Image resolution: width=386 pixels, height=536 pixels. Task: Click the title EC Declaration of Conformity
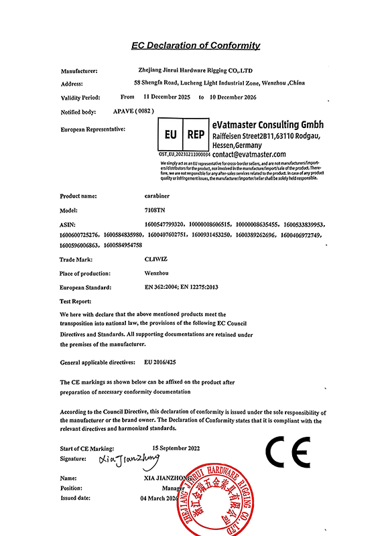(x=196, y=46)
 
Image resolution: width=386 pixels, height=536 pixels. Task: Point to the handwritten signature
(x=129, y=460)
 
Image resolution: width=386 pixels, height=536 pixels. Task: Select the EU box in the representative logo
(x=170, y=134)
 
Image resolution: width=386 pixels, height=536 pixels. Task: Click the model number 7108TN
(x=153, y=210)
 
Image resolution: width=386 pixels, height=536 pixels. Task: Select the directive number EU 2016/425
(x=165, y=362)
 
